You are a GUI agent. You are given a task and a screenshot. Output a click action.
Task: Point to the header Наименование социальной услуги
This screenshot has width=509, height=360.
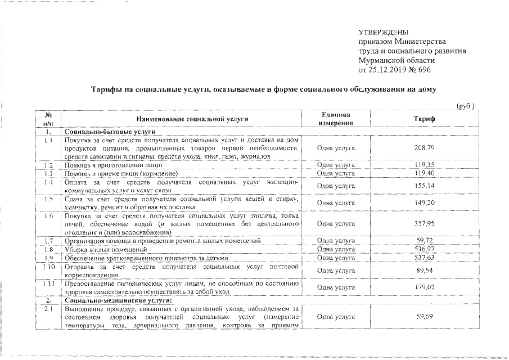tap(191, 119)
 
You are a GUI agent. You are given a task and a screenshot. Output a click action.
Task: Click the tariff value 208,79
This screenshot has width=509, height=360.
tap(424, 147)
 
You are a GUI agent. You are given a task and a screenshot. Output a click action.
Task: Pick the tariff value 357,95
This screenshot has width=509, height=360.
tap(424, 223)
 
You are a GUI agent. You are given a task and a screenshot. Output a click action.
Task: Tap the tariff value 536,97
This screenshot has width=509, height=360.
tap(424, 249)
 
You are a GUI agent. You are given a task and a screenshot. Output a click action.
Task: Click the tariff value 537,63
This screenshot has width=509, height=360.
tap(424, 258)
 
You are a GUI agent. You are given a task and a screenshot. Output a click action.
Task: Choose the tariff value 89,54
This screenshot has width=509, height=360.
tap(424, 271)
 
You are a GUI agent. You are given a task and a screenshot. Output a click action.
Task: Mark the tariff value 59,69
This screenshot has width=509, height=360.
tap(424, 317)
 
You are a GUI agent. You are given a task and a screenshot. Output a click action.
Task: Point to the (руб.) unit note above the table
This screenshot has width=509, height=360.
tap(466, 105)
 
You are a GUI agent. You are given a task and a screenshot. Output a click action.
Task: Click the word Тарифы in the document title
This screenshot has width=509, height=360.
tap(109, 90)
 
